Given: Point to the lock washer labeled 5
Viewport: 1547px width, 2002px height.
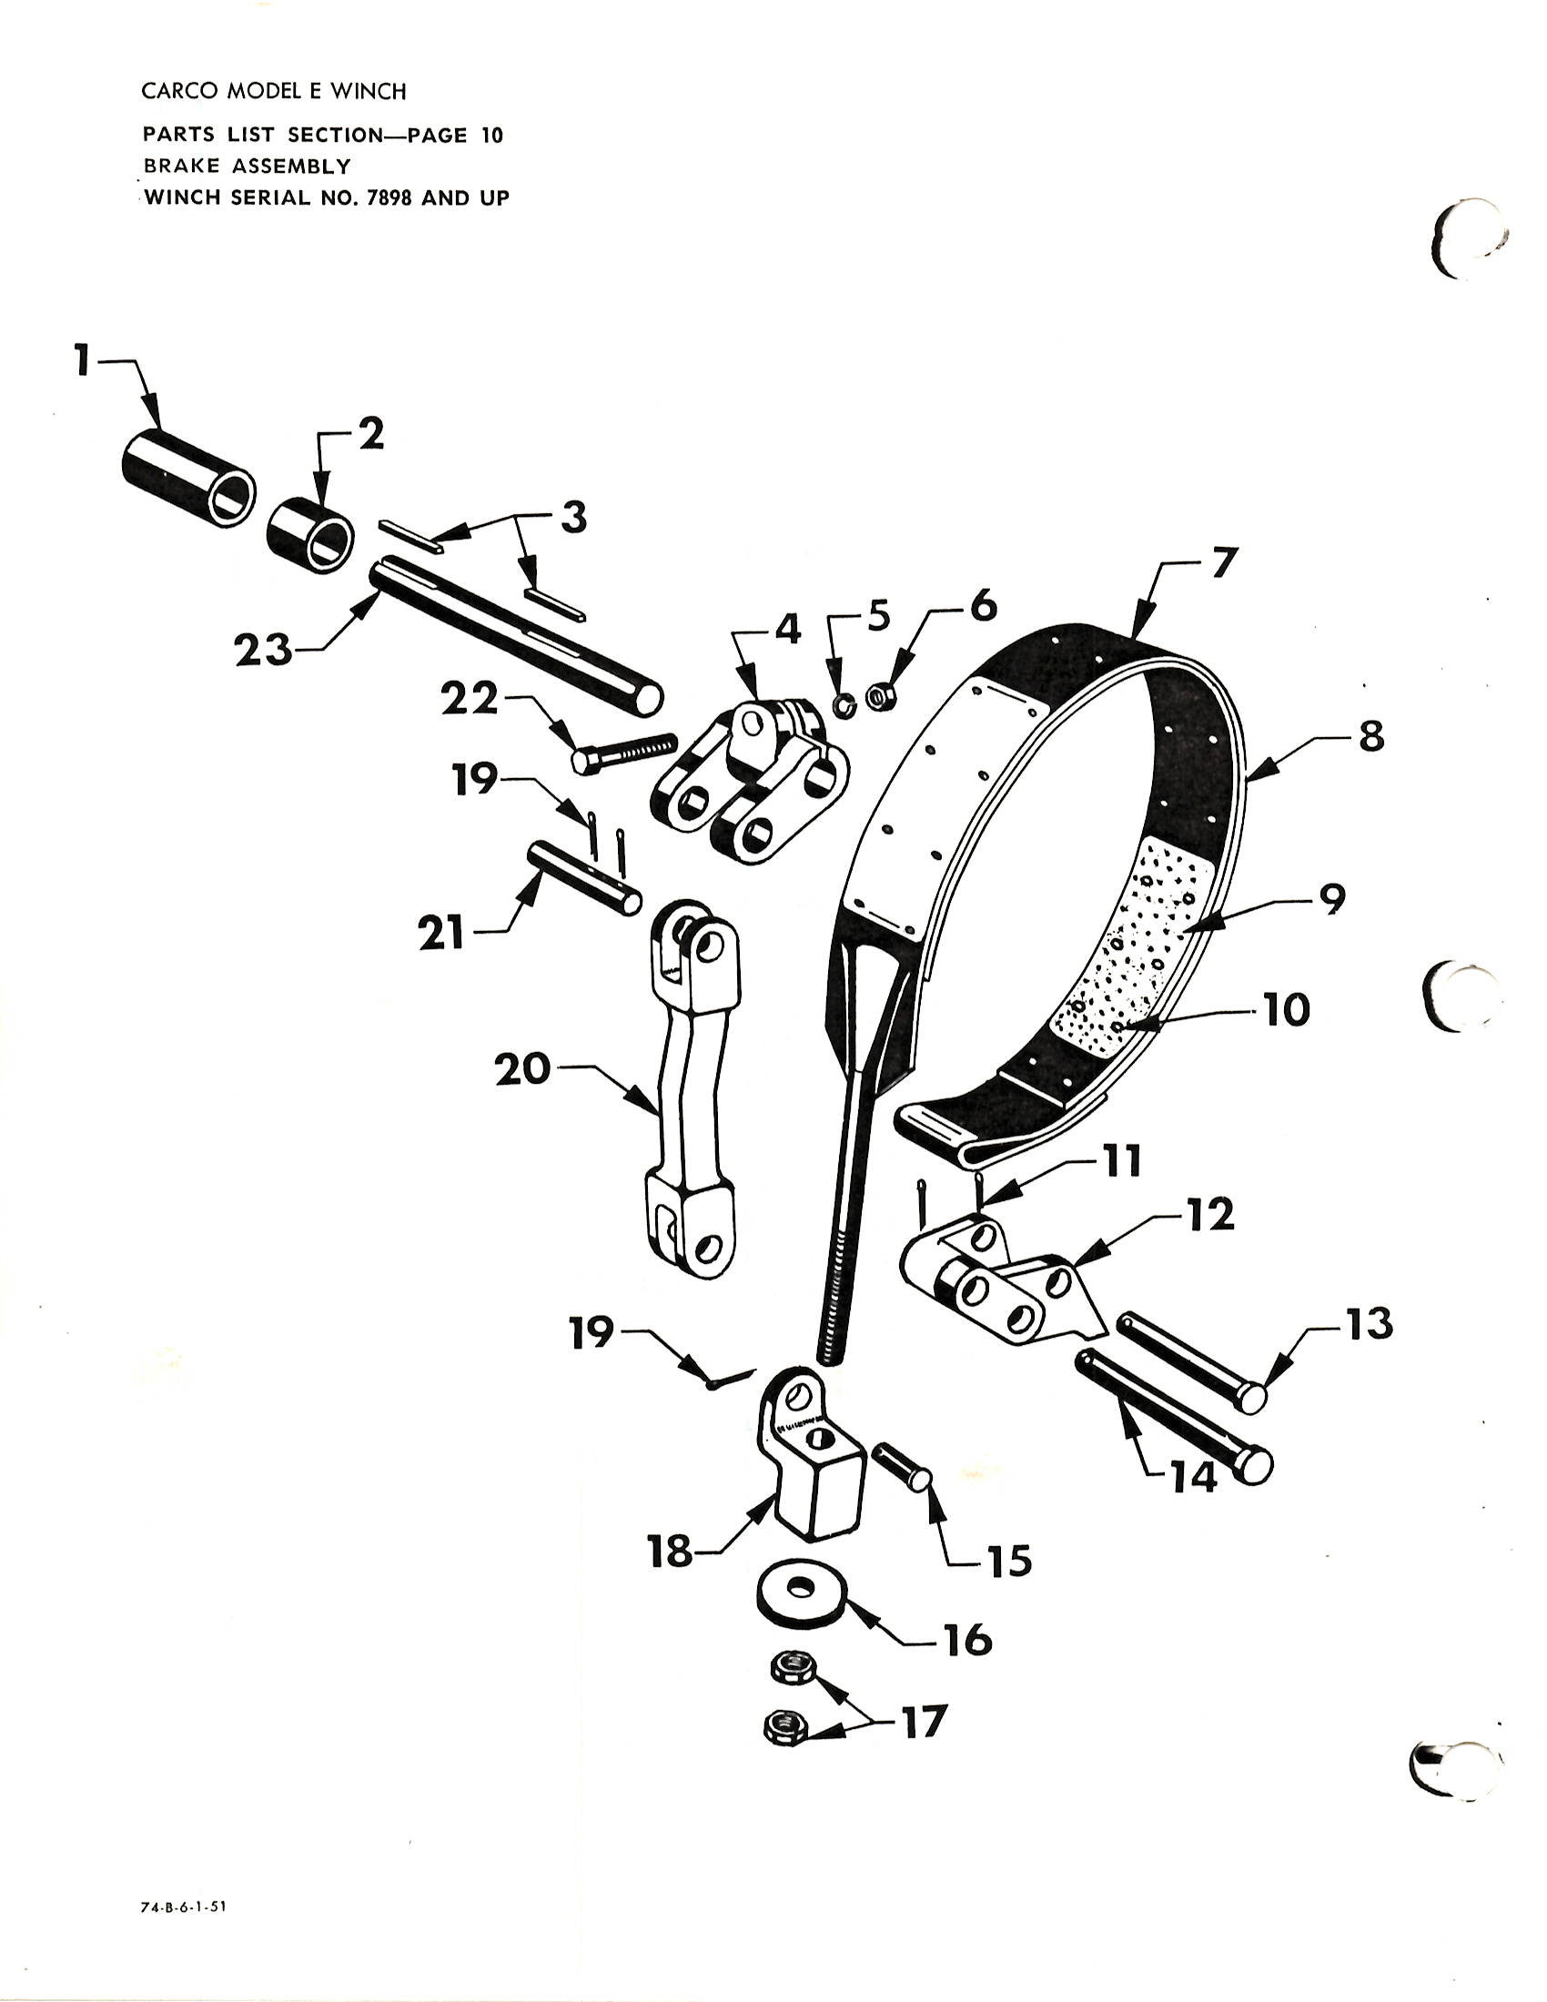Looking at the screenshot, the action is [x=844, y=705].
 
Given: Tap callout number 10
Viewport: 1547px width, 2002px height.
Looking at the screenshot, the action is [x=1287, y=1010].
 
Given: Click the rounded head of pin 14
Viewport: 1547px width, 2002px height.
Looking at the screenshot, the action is [x=1255, y=1466].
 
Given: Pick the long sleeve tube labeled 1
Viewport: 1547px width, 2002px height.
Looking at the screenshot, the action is [x=187, y=480].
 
